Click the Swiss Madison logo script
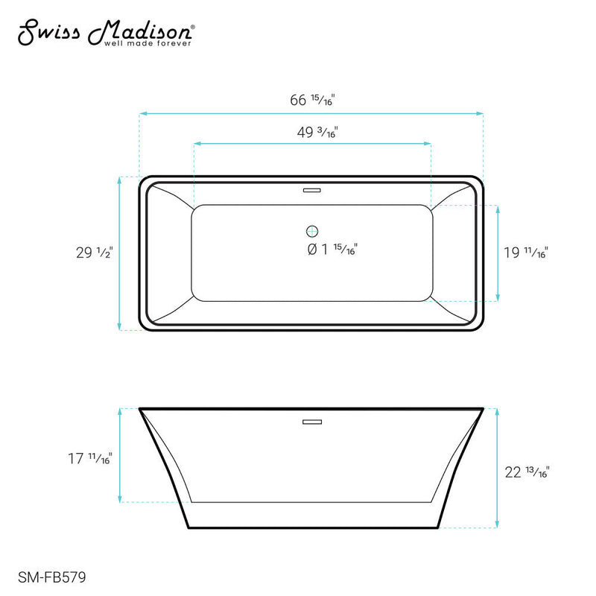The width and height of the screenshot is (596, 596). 104,31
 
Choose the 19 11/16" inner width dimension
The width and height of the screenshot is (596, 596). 524,253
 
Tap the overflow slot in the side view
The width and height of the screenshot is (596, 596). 312,422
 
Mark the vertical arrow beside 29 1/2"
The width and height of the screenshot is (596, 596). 120,253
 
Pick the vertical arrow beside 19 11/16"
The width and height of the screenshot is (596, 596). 498,253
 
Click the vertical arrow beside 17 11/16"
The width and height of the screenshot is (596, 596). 120,455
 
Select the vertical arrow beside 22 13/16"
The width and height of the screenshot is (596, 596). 498,468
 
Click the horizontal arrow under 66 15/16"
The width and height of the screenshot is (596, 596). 312,113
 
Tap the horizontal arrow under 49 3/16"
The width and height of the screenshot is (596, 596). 312,142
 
